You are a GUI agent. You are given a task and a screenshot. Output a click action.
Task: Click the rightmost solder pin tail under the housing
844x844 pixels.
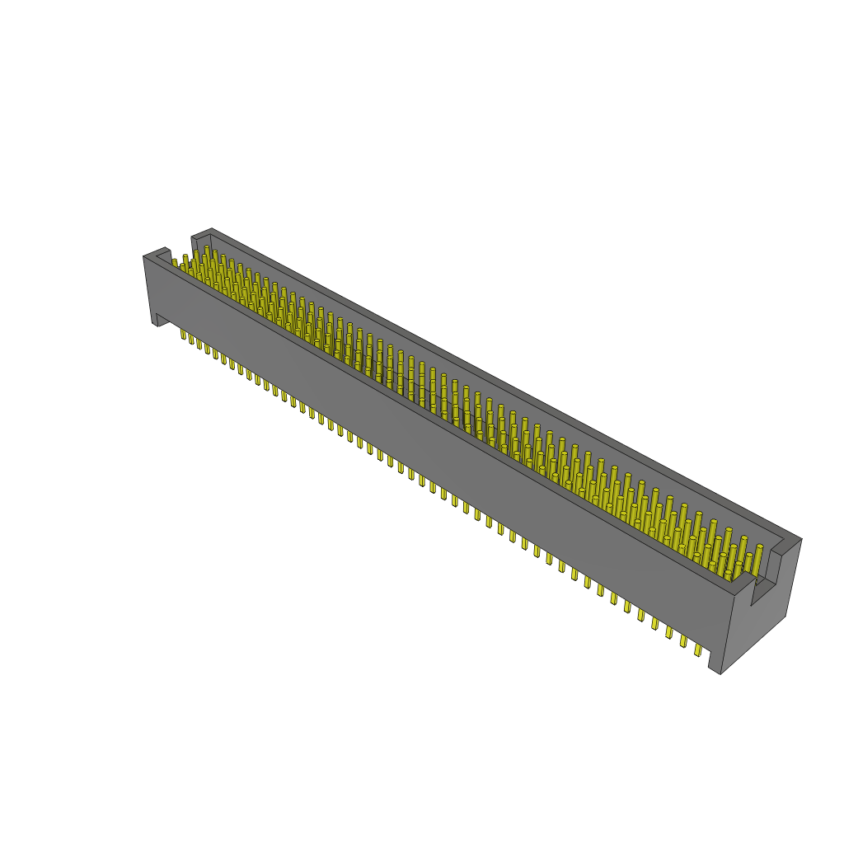[698, 650]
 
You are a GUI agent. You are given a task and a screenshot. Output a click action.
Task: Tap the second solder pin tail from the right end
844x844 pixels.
[684, 642]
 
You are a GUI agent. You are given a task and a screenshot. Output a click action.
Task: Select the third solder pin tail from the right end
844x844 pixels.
[669, 634]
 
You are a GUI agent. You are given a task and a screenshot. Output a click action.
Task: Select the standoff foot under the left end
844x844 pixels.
[156, 317]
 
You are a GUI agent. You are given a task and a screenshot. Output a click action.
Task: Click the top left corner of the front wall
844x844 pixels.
[145, 257]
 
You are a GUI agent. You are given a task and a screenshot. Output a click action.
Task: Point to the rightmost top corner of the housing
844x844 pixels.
[800, 540]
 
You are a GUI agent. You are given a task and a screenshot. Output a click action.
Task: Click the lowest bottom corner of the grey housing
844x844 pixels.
[720, 673]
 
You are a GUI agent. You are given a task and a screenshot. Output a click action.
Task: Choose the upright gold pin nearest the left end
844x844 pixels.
[175, 263]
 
